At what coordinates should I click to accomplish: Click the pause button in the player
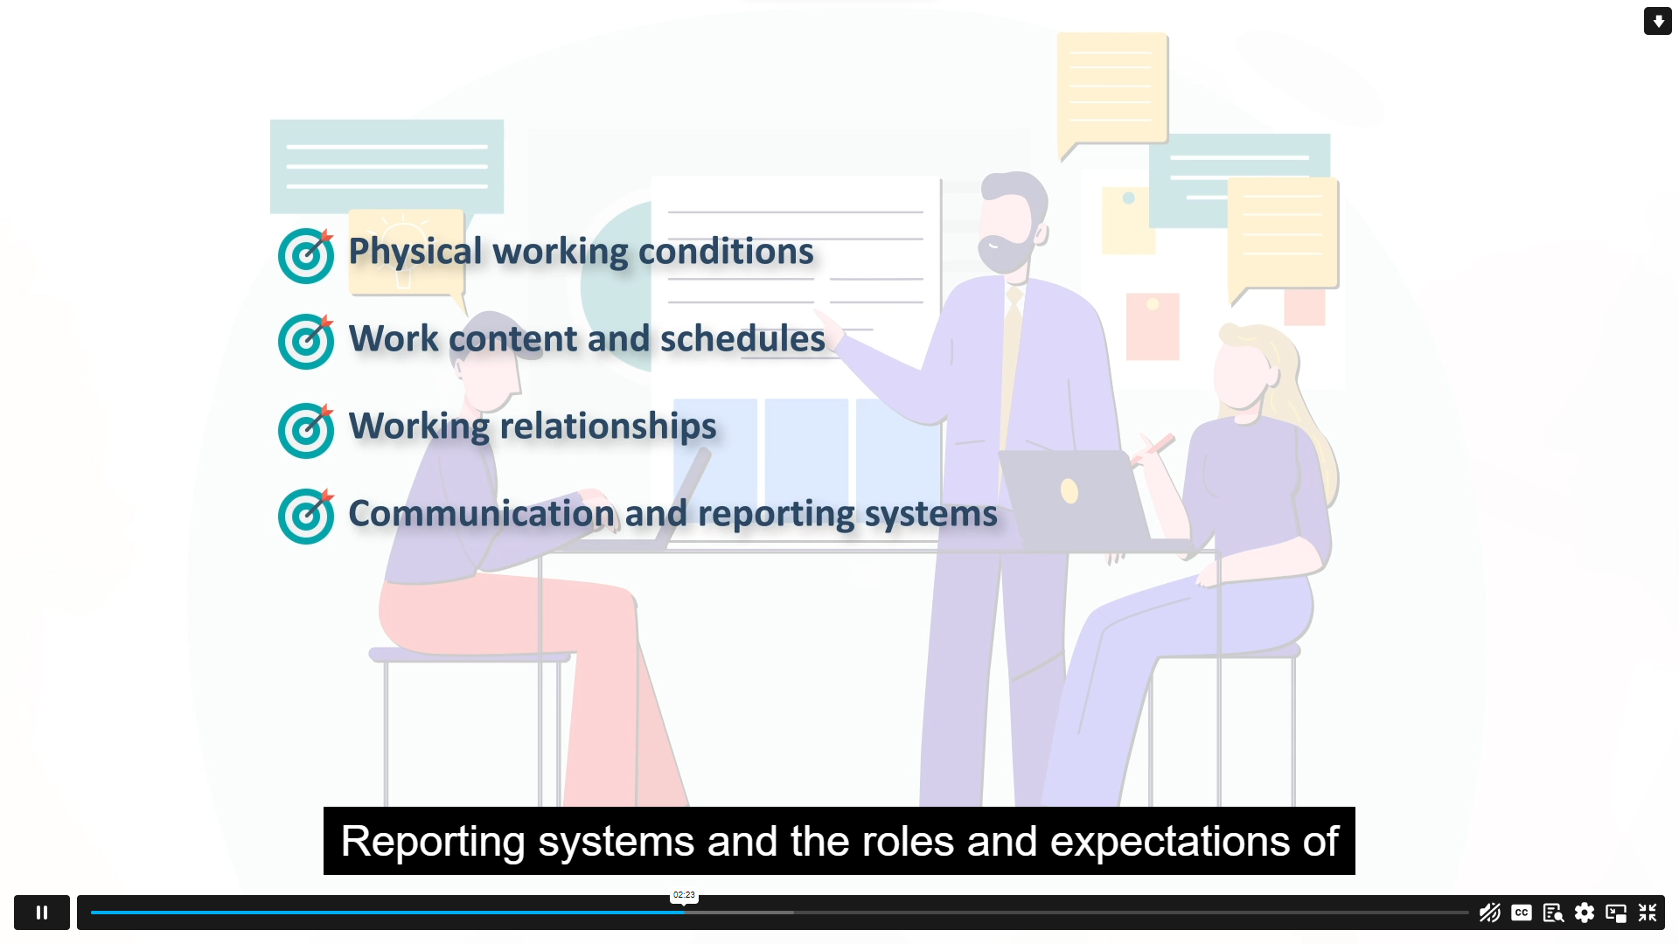42,913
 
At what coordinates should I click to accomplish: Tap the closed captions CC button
1522,913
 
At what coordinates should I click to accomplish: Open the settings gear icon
1585,913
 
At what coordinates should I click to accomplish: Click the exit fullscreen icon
1648,913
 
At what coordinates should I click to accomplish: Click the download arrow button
1658,21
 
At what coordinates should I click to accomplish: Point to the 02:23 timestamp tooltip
684,895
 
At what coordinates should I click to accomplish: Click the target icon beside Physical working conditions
306,255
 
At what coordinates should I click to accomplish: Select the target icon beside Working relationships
306,430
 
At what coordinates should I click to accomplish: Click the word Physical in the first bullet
415,252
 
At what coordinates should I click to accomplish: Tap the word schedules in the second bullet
742,338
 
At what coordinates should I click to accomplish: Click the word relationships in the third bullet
608,427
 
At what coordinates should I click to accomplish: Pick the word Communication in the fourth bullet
482,513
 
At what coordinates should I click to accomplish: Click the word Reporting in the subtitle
434,842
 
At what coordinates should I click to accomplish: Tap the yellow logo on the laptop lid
1069,491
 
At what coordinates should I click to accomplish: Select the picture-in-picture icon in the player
1616,913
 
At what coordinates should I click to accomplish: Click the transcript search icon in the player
1553,913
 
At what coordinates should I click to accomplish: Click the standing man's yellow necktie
1010,367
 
